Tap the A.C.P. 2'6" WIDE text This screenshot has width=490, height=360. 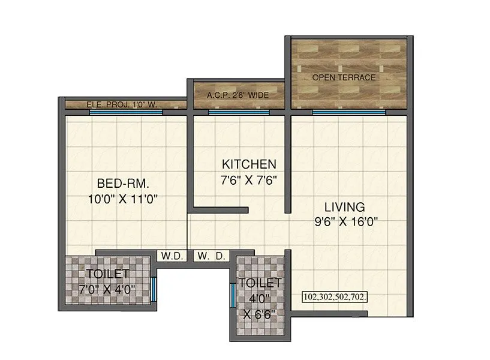[237, 95]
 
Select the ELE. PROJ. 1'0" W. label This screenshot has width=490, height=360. [122, 105]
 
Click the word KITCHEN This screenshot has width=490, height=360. [249, 164]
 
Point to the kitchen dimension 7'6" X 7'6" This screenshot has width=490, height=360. [249, 179]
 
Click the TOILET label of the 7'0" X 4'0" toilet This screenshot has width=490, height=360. [108, 274]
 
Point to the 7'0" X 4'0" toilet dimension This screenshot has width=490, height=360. [108, 289]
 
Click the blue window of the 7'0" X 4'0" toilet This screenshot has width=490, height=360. [154, 290]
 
